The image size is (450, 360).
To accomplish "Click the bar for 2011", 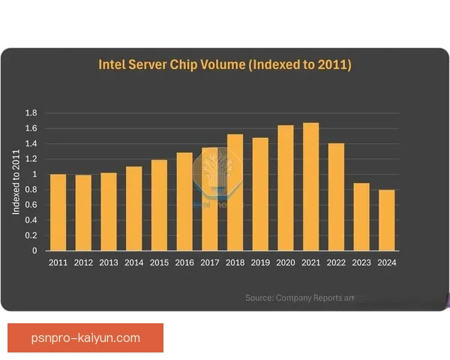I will tap(58, 212).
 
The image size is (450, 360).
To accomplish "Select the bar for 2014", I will tap(133, 208).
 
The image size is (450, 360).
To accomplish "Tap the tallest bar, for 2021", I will tap(310, 187).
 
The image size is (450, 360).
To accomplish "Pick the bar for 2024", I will tap(386, 220).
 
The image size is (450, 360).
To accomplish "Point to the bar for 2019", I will tap(260, 194).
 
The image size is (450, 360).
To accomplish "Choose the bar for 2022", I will tap(336, 196).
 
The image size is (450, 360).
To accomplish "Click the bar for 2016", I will tap(184, 202).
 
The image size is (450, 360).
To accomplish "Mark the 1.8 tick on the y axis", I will tap(31, 113).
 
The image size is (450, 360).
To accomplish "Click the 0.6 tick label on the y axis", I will tap(31, 205).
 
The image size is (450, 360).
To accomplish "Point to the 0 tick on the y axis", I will tap(34, 251).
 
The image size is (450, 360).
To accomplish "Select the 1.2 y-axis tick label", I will tap(31, 159).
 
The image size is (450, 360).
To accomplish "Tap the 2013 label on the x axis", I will tap(109, 262).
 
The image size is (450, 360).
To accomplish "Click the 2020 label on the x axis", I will tap(286, 262).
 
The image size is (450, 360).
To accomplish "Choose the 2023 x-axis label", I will tap(361, 262).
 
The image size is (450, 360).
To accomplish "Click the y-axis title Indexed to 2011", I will tap(16, 182).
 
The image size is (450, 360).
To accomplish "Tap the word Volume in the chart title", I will tap(223, 64).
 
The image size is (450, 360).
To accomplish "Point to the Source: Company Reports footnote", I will tap(298, 298).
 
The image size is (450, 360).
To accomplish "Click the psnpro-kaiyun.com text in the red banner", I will tap(86, 337).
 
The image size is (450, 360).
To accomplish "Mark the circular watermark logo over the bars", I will tap(214, 175).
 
